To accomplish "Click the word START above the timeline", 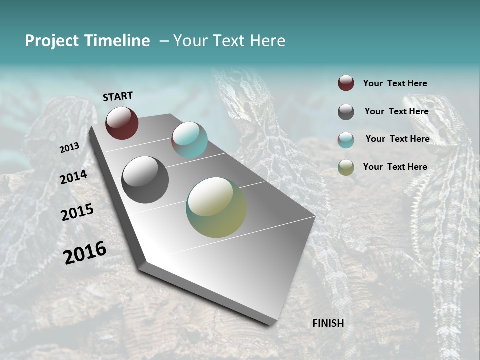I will click(118, 96).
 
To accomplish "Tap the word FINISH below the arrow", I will click(328, 323).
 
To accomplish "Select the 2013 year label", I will click(69, 148).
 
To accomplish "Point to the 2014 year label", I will click(73, 177).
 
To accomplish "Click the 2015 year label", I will click(77, 212).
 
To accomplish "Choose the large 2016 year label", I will click(85, 252).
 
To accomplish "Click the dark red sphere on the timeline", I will click(122, 123).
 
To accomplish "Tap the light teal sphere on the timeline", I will click(189, 139).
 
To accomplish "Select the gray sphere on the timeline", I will click(145, 179).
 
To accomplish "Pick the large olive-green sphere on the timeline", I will click(216, 207).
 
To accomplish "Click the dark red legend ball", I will click(346, 83).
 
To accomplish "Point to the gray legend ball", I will click(346, 112).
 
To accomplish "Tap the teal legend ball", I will click(346, 140).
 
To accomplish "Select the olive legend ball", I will click(346, 167).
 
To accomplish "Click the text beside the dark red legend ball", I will click(395, 83).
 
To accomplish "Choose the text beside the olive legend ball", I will click(395, 167).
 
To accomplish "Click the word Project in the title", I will click(52, 41).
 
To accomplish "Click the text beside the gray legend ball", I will click(396, 111).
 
